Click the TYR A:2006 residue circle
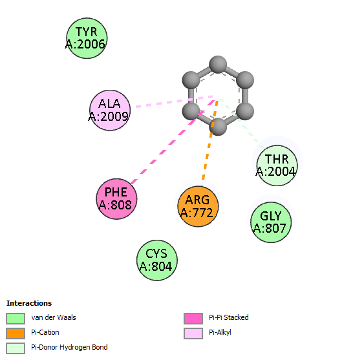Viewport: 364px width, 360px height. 87,38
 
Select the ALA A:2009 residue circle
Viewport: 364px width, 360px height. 110,111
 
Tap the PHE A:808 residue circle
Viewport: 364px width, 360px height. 116,199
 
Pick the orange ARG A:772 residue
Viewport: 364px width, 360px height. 198,206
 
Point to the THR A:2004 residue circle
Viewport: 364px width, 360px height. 277,165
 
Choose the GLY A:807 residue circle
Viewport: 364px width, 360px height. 271,222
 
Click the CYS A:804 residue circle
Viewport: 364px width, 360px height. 157,260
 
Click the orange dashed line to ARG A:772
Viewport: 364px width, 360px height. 210,140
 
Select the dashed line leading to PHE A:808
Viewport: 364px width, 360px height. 173,142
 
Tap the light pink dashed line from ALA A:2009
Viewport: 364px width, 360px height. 174,101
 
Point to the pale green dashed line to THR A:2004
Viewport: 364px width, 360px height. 241,123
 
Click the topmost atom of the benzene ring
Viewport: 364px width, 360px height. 218,65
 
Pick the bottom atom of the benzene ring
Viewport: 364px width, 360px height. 218,127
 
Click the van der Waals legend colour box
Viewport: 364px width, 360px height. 16,318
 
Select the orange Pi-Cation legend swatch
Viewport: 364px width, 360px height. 16,334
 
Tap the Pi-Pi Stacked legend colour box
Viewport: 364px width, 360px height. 193,318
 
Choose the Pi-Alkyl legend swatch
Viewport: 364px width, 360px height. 193,334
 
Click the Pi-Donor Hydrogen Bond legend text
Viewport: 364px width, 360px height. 69,347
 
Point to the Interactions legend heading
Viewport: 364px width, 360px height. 29,303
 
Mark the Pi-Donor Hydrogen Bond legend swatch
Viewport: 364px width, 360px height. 16,348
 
